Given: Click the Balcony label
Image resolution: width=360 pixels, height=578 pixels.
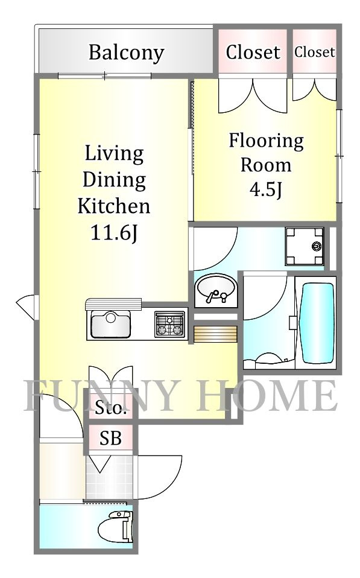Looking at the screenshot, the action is [x=126, y=52].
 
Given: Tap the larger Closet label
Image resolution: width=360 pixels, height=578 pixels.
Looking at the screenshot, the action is [x=253, y=52].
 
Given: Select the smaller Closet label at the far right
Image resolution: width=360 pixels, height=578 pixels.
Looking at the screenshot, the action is [x=314, y=52].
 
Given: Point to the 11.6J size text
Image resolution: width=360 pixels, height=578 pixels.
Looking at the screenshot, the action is [x=114, y=233].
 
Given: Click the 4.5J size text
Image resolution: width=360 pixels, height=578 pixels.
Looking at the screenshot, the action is [x=266, y=190].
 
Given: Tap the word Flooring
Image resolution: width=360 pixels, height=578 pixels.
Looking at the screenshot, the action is [x=266, y=141].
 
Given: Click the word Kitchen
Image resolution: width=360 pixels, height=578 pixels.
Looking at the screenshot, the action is [x=114, y=206].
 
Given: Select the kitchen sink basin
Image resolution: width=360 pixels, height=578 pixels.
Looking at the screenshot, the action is [x=110, y=325].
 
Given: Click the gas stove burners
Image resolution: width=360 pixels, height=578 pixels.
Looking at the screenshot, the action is [x=170, y=324].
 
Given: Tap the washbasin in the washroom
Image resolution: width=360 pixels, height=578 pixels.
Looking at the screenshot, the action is [x=215, y=290].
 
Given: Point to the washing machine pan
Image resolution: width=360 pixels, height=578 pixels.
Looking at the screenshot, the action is [x=305, y=246].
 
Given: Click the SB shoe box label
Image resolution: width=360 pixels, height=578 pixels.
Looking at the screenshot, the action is [x=110, y=438].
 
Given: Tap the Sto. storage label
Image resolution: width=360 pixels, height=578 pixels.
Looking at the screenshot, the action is [x=110, y=408].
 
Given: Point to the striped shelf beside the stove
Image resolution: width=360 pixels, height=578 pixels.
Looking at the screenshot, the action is [x=215, y=334].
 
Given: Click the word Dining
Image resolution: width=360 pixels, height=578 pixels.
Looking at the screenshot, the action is [x=114, y=180].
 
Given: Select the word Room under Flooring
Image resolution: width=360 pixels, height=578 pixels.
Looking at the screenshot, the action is [x=266, y=165].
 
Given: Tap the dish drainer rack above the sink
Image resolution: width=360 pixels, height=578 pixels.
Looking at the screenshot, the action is [x=113, y=305].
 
